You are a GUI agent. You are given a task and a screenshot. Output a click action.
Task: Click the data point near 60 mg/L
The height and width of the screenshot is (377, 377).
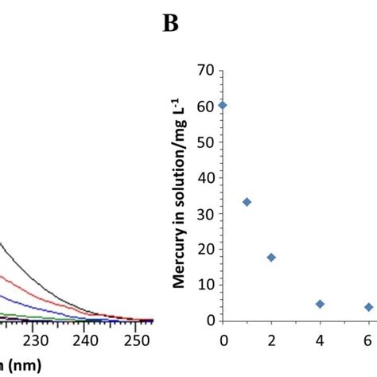[x=223, y=105]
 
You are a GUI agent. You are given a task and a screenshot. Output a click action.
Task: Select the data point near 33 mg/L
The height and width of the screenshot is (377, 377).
[x=247, y=202]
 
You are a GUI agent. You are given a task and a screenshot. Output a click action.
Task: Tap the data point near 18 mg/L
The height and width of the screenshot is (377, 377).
[x=271, y=257]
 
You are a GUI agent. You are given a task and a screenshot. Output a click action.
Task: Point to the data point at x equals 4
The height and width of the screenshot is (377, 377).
[x=320, y=304]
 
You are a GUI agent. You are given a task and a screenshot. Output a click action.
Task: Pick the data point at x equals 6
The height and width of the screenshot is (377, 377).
[x=368, y=307]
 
